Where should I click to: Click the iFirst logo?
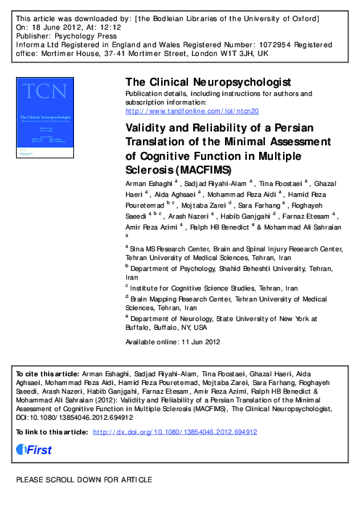34,450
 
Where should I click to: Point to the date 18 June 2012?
61,24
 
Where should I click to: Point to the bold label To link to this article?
52,432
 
